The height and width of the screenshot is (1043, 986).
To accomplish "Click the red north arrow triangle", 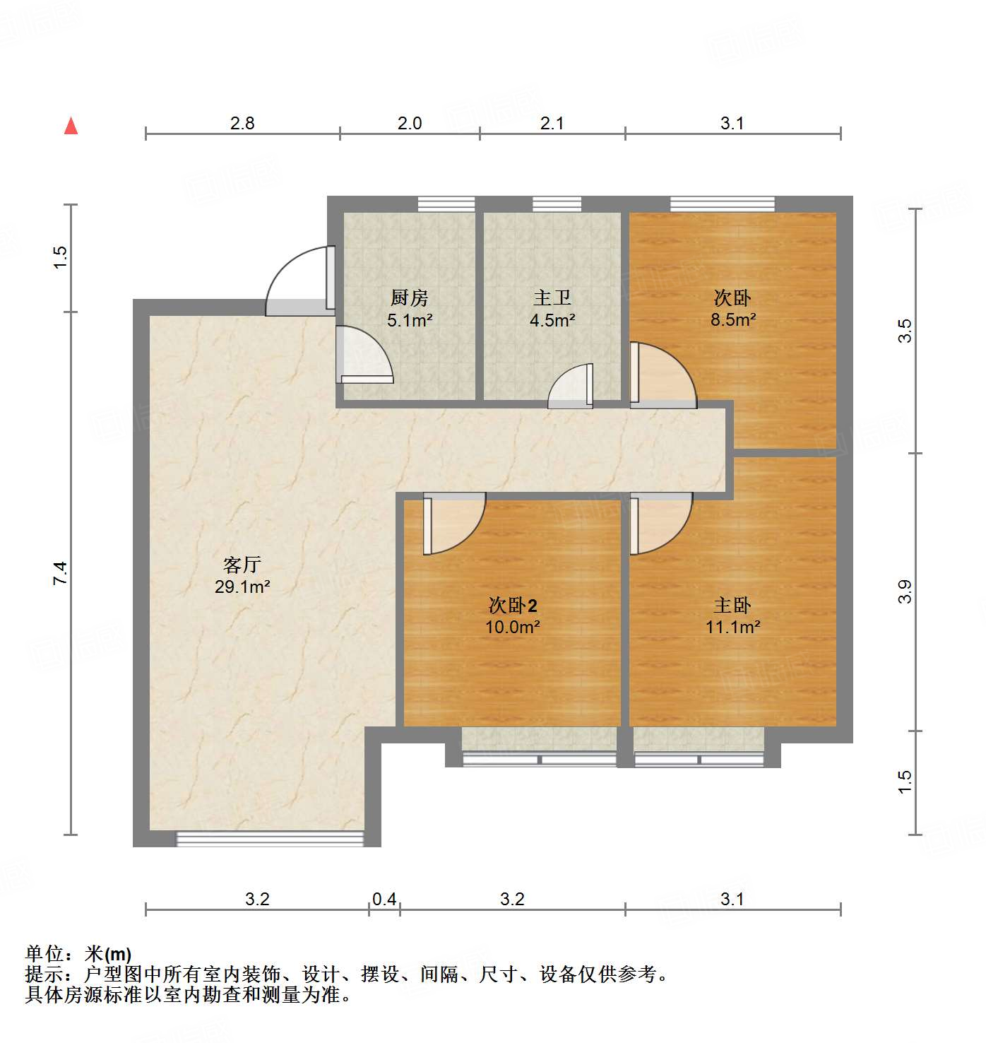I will (71, 126).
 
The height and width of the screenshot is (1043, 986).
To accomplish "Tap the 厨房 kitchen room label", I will (410, 297).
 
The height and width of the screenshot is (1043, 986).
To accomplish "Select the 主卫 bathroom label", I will (552, 297).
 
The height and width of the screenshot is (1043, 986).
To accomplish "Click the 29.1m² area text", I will (242, 587).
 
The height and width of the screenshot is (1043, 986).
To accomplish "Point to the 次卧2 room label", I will (513, 605).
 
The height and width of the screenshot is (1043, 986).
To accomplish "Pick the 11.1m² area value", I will (732, 627).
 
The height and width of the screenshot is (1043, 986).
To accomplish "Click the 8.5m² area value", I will (732, 319).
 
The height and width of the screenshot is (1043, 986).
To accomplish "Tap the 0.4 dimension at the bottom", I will (384, 899).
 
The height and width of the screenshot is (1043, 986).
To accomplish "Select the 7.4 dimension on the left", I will (61, 572).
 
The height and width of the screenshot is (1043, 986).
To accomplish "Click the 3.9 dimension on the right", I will (905, 591).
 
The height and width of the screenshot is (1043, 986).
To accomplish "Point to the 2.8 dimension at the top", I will (242, 123).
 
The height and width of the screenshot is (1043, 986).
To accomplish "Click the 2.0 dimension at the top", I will (410, 123).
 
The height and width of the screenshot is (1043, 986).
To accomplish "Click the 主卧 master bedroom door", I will (660, 523).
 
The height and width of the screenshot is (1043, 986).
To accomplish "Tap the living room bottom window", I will (269, 839).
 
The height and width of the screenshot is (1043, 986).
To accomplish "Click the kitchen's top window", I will (446, 204).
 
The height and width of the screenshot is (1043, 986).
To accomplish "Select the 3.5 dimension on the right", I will (905, 331).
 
